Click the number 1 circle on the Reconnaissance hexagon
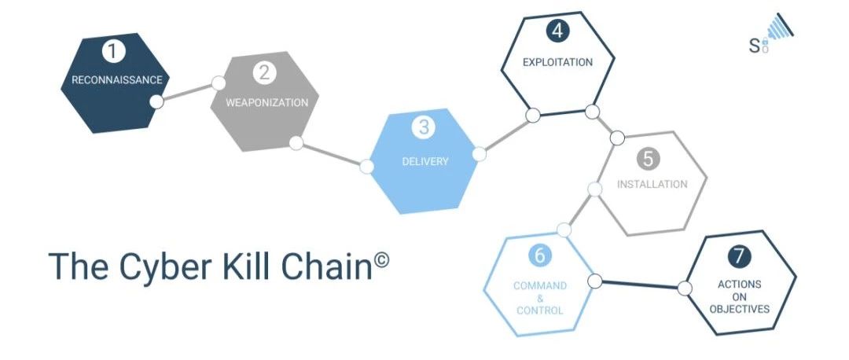[x=113, y=51]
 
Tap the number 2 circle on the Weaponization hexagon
[x=263, y=73]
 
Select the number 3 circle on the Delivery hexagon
[x=423, y=128]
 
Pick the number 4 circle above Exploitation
[x=557, y=31]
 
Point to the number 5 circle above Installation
[x=648, y=159]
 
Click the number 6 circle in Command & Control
[x=539, y=255]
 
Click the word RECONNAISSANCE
[x=117, y=80]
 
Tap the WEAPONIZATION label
[x=267, y=103]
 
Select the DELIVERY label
[x=425, y=161]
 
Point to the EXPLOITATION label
[x=557, y=62]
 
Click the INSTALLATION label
[x=652, y=184]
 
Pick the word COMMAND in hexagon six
[x=540, y=286]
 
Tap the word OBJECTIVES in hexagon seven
[x=739, y=310]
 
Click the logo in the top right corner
[x=770, y=34]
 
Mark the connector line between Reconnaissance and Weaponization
[x=187, y=92]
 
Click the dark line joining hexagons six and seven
[x=639, y=285]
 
